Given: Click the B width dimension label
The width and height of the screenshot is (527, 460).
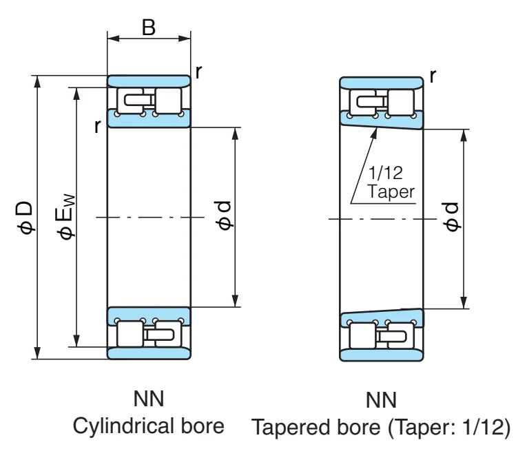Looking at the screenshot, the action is (149, 28).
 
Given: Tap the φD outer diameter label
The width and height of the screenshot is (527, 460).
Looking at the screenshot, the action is (25, 218).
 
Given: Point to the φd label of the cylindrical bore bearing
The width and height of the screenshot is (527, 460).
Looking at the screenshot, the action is (223, 216).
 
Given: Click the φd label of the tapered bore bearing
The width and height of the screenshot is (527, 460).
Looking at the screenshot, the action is (451, 217).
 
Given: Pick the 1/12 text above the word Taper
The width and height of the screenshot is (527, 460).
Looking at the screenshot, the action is (386, 173).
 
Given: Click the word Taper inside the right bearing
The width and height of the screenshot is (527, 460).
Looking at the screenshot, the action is (391, 191).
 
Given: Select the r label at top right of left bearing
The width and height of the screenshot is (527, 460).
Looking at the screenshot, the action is (198, 72).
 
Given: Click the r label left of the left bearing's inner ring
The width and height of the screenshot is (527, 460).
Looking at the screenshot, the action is (97, 126).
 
